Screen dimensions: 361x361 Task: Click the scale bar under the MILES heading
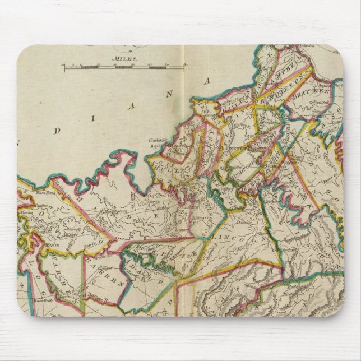tap(124, 68)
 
